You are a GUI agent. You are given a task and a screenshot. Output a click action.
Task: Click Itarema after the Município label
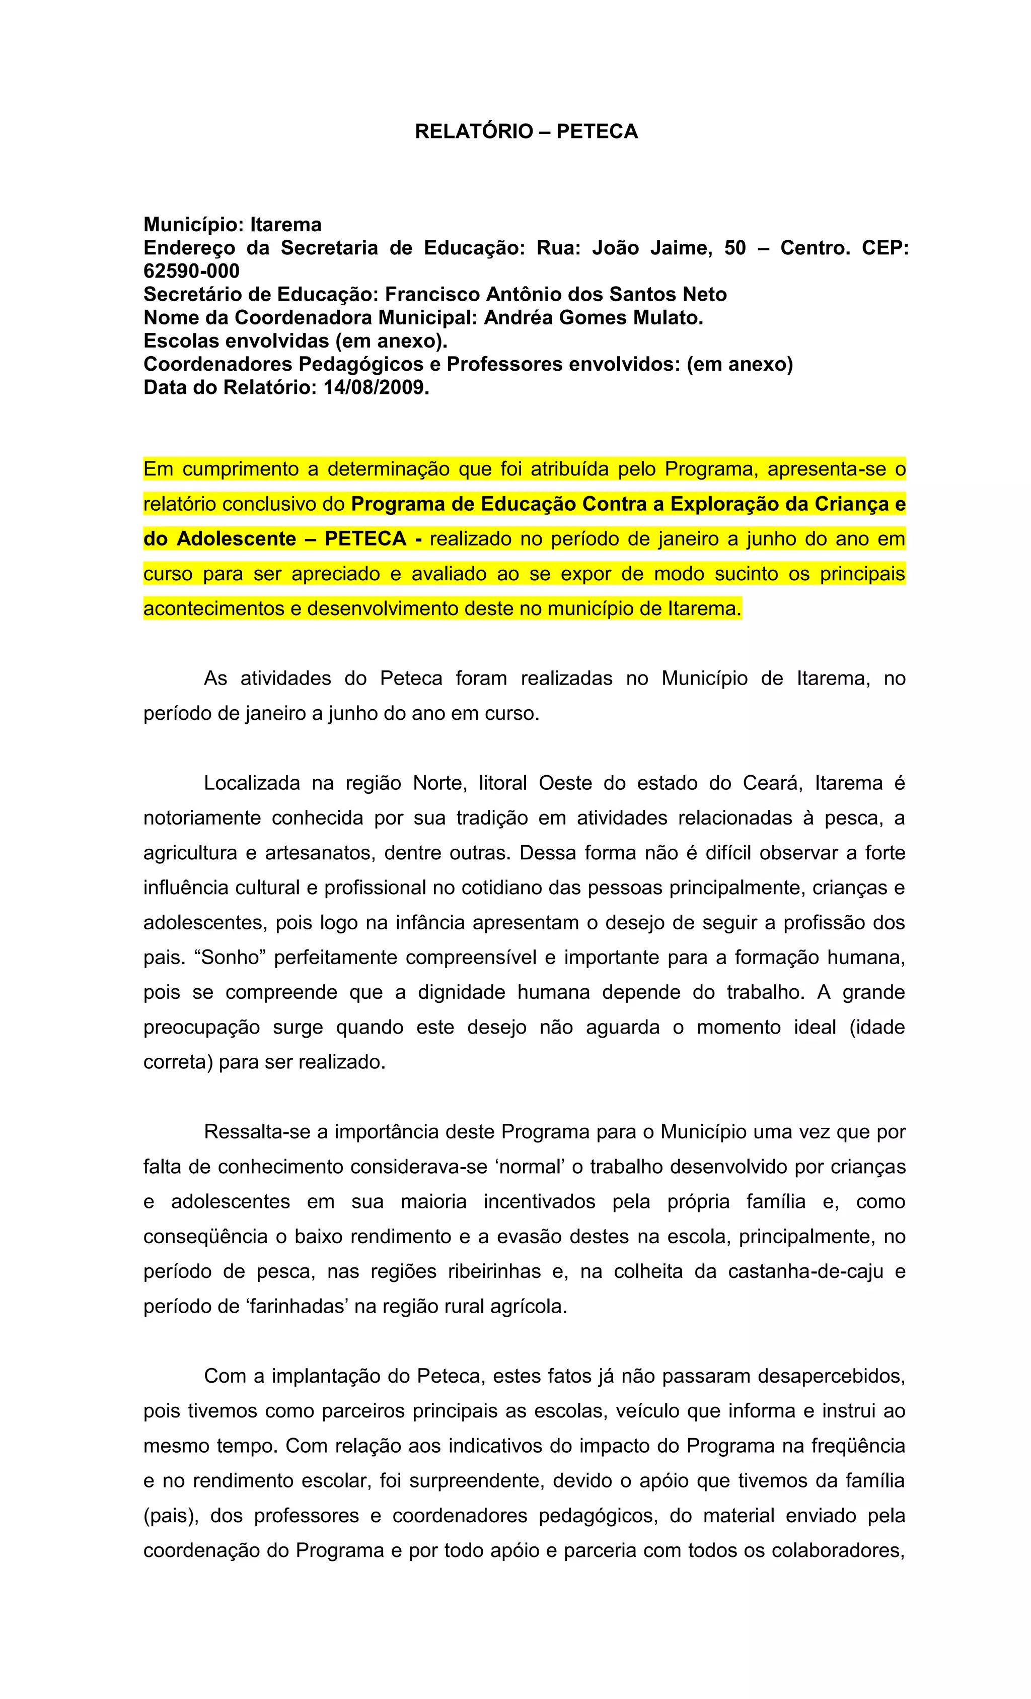click(285, 225)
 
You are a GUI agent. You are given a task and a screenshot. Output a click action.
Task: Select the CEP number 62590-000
click(192, 271)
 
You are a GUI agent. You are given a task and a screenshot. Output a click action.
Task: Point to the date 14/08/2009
click(376, 387)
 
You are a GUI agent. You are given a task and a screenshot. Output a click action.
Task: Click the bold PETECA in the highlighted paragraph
click(365, 538)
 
